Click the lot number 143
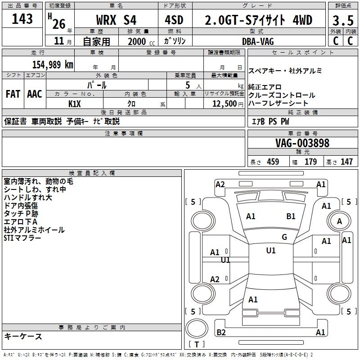[x=22, y=19]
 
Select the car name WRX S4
[x=116, y=20]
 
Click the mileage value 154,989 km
[x=52, y=64]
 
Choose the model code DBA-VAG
[x=258, y=41]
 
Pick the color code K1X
[x=75, y=103]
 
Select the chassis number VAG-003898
[x=302, y=143]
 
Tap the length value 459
[x=273, y=162]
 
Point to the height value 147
[x=346, y=162]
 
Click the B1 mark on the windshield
[x=291, y=216]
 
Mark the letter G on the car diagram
[x=284, y=237]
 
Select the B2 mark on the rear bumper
[x=221, y=333]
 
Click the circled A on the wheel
[x=340, y=221]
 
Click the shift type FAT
[x=13, y=94]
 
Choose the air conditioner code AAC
[x=35, y=94]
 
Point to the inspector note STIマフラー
[x=22, y=238]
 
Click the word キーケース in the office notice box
[x=23, y=336]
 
